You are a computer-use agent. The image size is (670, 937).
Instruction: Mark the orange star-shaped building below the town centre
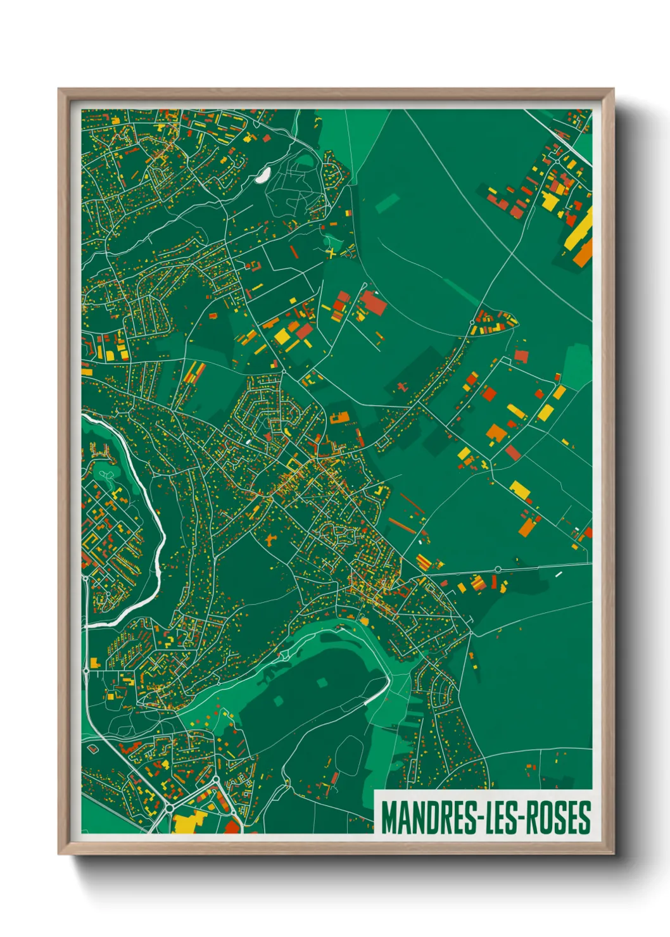[272, 539]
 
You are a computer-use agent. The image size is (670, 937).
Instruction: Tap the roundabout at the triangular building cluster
[472, 323]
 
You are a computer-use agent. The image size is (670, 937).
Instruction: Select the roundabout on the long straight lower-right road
[498, 569]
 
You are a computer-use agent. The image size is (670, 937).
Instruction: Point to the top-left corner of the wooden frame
[60, 90]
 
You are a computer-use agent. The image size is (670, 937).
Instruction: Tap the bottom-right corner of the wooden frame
[613, 853]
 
